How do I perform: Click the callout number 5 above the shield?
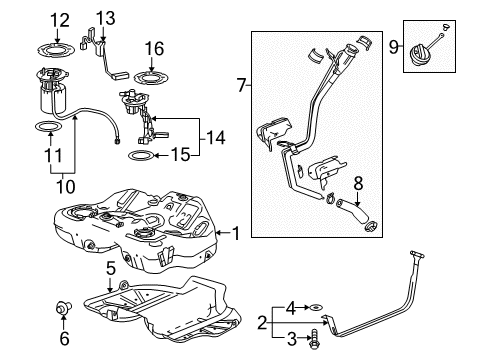coord(112,267)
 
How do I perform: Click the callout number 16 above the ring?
coord(153,47)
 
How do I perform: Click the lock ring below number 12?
coord(59,43)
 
